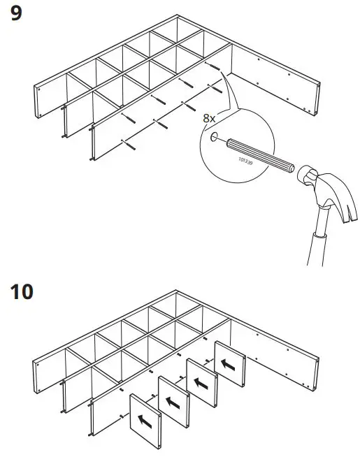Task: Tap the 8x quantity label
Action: point(209,118)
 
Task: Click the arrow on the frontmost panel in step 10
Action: point(146,422)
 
